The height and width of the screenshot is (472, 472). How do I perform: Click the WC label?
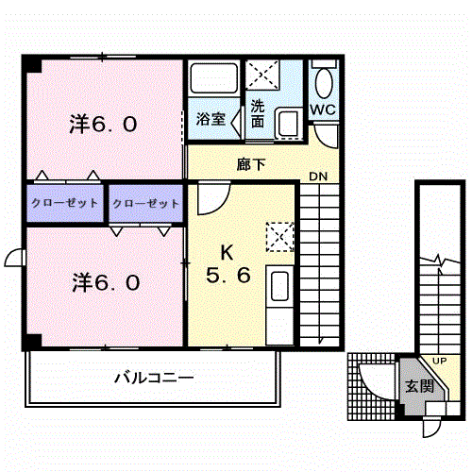(x=323, y=110)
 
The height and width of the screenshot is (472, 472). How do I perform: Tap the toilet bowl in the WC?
(x=324, y=82)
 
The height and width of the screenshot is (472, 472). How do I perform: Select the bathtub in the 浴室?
(x=214, y=78)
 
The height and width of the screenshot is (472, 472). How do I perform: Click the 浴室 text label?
(x=211, y=119)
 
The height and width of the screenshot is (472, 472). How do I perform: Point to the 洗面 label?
(x=258, y=113)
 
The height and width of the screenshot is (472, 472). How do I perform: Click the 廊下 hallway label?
(x=251, y=164)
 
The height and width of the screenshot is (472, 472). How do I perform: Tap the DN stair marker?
(x=318, y=177)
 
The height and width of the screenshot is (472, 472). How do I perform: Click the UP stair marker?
(x=439, y=361)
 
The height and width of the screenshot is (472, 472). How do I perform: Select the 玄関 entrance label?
(x=419, y=386)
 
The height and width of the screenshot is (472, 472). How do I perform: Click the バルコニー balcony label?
(x=154, y=378)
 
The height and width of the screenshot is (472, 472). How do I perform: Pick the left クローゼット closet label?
(x=65, y=203)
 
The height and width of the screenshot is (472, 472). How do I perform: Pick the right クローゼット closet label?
(x=145, y=204)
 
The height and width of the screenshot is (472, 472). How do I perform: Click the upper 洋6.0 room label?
(x=103, y=124)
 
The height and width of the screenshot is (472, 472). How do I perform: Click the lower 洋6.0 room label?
(x=106, y=282)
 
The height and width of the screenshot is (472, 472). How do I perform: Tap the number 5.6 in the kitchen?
(x=228, y=275)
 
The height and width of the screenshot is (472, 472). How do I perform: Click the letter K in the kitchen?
(x=227, y=253)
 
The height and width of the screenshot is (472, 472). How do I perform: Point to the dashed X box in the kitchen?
(x=279, y=237)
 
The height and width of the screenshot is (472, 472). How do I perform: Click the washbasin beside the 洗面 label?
(x=288, y=123)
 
